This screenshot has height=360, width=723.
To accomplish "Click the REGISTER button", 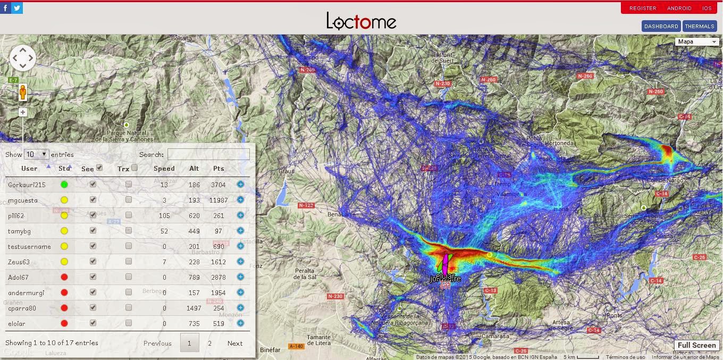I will tap(643, 8).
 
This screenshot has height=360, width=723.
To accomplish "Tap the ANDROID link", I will tap(679, 8).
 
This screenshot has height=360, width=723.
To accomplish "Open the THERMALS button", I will tap(699, 26).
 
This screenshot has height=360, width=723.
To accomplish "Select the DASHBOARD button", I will tap(661, 26).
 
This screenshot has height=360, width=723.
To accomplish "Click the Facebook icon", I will tap(5, 8).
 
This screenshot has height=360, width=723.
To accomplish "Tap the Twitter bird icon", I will tap(17, 8).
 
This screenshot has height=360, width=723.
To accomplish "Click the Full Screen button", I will tap(696, 345).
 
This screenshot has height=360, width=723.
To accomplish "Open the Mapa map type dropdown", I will tap(697, 41).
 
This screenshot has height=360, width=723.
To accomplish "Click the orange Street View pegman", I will tap(22, 93).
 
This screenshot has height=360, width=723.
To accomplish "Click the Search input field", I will tap(208, 154).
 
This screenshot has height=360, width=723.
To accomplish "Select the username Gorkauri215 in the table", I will tap(27, 185).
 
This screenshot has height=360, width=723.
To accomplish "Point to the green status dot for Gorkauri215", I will tap(64, 185).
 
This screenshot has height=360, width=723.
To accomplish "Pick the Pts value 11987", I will tap(218, 200).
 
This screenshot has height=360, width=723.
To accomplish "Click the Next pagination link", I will tap(235, 343).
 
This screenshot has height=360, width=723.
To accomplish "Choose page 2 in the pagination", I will tap(209, 343).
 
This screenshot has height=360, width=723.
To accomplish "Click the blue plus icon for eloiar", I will tap(240, 323).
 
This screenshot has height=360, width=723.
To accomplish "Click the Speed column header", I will tap(164, 169).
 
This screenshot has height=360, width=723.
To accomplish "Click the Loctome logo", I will tap(361, 21).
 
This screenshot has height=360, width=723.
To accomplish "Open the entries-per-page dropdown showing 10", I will tap(36, 154).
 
